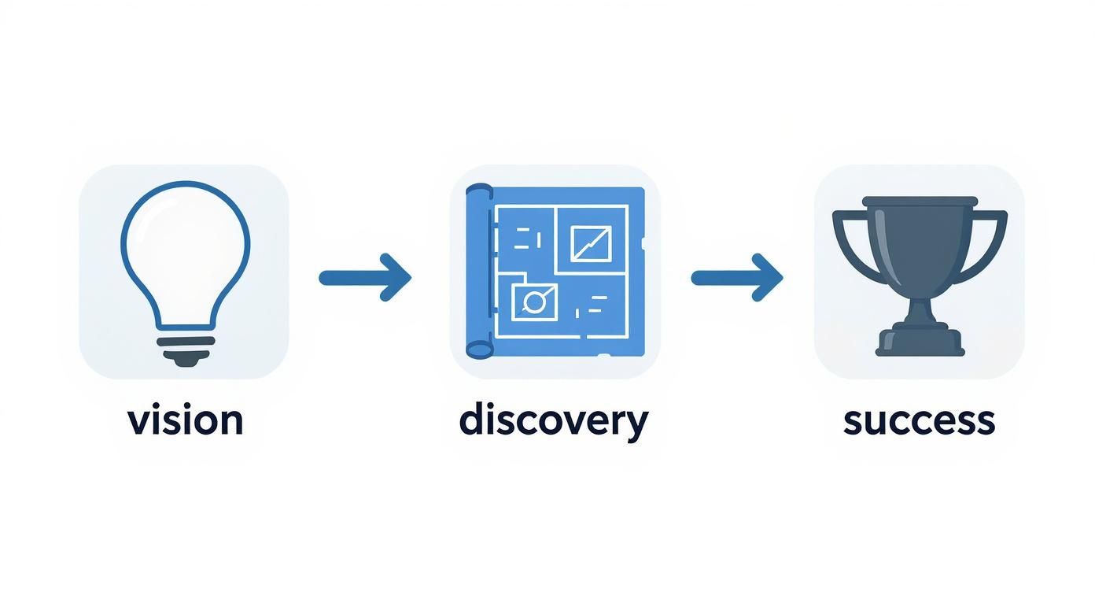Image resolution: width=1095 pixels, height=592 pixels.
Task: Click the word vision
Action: (185, 420)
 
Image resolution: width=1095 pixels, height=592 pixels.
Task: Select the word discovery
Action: (553, 420)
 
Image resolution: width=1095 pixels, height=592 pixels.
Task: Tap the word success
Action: (919, 420)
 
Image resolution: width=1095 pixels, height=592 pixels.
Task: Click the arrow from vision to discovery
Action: (364, 277)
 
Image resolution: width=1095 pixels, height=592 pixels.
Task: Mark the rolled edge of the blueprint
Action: (478, 272)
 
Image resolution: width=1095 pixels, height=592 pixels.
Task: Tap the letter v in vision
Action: (138, 422)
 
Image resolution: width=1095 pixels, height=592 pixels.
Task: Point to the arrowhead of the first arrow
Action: (397, 277)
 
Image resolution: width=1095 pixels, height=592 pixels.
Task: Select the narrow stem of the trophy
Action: (920, 307)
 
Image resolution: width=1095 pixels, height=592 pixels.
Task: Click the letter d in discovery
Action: (471, 419)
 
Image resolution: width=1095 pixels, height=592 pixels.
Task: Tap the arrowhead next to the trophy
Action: (769, 277)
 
